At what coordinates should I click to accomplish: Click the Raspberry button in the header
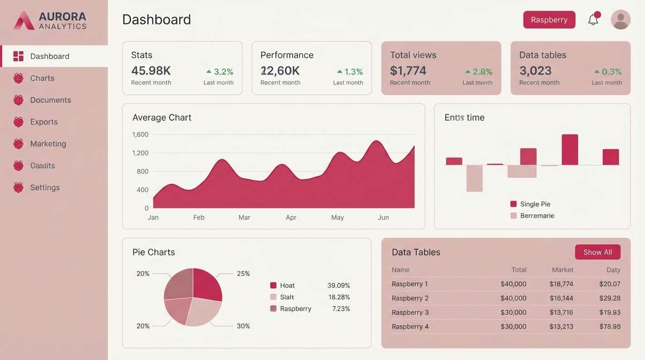(549, 20)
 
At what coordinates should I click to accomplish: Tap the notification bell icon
(593, 19)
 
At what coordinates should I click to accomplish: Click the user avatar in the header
(621, 20)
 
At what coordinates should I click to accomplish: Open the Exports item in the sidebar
(44, 122)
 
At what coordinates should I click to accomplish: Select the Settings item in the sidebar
(45, 187)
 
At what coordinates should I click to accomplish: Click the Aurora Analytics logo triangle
(24, 21)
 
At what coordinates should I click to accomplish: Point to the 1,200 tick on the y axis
(140, 153)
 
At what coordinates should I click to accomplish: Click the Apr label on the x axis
(291, 217)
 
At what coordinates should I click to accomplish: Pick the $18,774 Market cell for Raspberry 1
(561, 284)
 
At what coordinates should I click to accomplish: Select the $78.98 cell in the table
(609, 327)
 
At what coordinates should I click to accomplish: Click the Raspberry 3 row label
(410, 313)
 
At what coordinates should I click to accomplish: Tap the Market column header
(562, 270)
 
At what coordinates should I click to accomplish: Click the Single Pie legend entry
(535, 204)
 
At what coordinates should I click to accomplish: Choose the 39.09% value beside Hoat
(338, 285)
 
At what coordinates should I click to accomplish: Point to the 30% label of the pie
(243, 326)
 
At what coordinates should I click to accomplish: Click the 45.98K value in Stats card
(151, 71)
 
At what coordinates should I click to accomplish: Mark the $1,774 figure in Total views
(408, 71)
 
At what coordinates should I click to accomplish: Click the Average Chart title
(162, 118)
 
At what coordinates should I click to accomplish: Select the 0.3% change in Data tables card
(611, 72)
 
